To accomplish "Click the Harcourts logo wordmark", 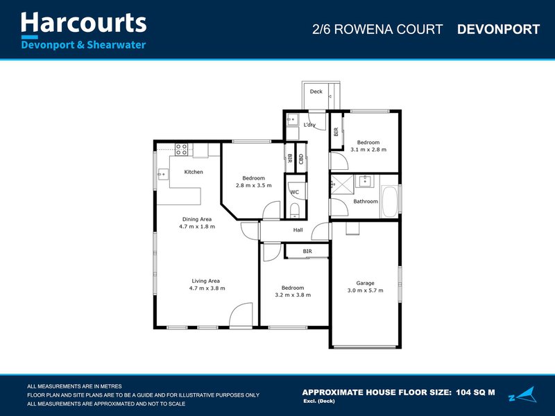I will [84, 23].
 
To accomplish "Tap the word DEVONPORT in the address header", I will [498, 29].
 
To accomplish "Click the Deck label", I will [316, 92].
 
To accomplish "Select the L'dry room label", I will [309, 125].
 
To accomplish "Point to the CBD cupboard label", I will [301, 158].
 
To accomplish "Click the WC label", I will [295, 192].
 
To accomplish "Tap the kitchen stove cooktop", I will [182, 147].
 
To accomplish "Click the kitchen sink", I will [163, 173].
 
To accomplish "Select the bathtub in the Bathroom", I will [391, 201].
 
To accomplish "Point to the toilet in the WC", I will [294, 211].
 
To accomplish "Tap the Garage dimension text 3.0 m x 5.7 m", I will [365, 291].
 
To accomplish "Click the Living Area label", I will [206, 281].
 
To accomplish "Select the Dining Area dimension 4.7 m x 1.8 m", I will [197, 227].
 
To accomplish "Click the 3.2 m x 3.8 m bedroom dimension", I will [292, 295].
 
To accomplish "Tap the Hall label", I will [298, 230].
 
